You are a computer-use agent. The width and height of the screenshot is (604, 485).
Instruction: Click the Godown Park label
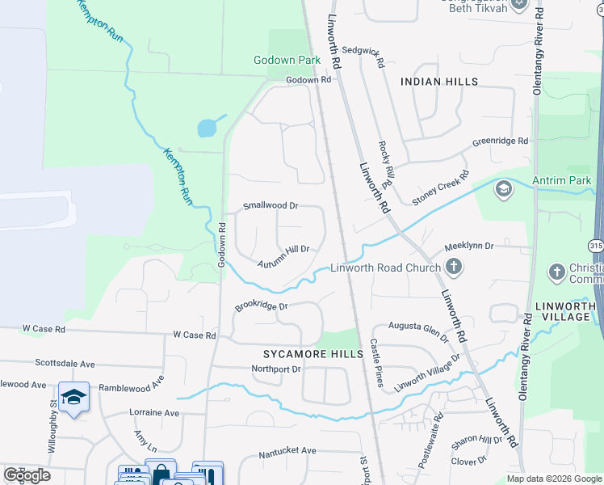pos(287,61)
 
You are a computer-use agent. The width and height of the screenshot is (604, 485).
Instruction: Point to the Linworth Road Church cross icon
pos(454,266)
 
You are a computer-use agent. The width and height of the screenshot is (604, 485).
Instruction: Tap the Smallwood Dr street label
pos(271,206)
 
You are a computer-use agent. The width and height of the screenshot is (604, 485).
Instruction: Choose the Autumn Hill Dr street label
pos(283,256)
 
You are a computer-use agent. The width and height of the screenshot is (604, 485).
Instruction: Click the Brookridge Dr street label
pos(262,306)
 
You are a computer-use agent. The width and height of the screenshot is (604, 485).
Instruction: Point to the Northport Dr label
pos(276,369)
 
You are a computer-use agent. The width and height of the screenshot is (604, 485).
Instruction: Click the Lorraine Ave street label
pos(154,412)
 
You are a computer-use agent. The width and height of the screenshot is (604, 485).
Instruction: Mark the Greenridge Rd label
pos(500,141)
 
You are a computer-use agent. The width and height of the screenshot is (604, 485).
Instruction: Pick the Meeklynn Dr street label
pos(468,243)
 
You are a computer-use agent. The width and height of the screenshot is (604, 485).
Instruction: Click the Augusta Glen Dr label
pos(418,331)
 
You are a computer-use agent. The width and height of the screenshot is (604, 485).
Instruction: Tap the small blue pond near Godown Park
pos(207,128)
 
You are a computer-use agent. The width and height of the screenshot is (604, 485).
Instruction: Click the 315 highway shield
pos(594,244)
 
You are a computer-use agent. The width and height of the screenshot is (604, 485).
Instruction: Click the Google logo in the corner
pos(27,475)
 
